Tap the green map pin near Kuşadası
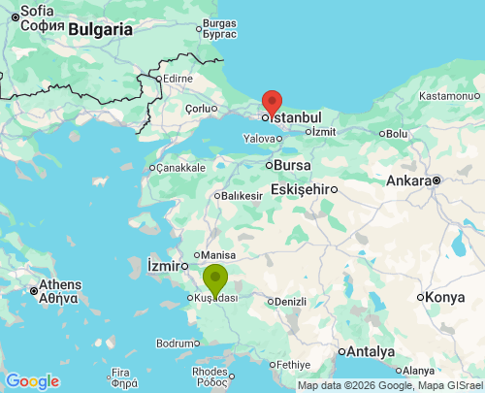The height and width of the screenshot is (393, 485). tap(214, 278)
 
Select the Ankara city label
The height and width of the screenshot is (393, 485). tap(408, 180)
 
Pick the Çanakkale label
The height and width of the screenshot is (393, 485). tap(178, 168)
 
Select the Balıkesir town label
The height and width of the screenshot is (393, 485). tap(242, 195)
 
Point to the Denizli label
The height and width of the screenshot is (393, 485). tap(290, 301)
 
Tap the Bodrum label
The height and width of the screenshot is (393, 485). tap(177, 344)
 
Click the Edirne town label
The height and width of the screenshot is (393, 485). tap(178, 78)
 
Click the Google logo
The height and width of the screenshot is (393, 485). tap(32, 381)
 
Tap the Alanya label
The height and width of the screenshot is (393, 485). tap(418, 370)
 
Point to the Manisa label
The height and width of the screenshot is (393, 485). tap(217, 255)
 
